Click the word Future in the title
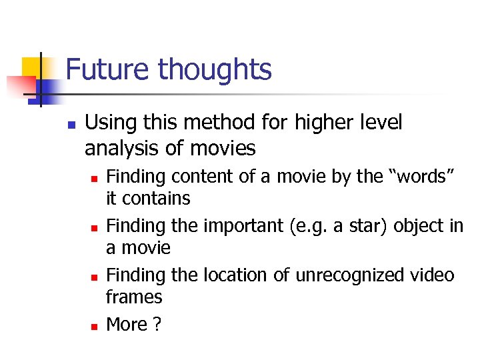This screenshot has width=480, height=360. (109, 69)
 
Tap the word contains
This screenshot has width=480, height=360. (157, 198)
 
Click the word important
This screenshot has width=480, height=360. (243, 226)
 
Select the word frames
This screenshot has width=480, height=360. (134, 297)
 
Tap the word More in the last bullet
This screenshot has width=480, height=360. (127, 324)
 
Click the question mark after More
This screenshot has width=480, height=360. (157, 324)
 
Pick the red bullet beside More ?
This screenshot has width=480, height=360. (94, 327)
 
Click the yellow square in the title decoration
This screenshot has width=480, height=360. (31, 67)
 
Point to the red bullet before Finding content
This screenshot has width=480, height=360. (94, 179)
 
